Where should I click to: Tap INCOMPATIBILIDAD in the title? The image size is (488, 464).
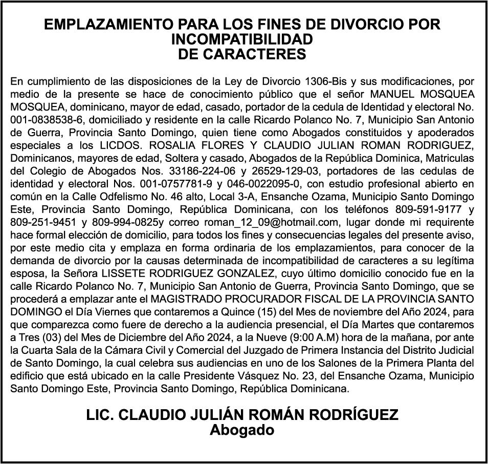(242, 39)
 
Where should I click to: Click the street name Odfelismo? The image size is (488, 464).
(150, 196)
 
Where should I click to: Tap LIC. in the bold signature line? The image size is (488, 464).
(100, 415)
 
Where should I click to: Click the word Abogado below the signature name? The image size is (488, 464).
(242, 430)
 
